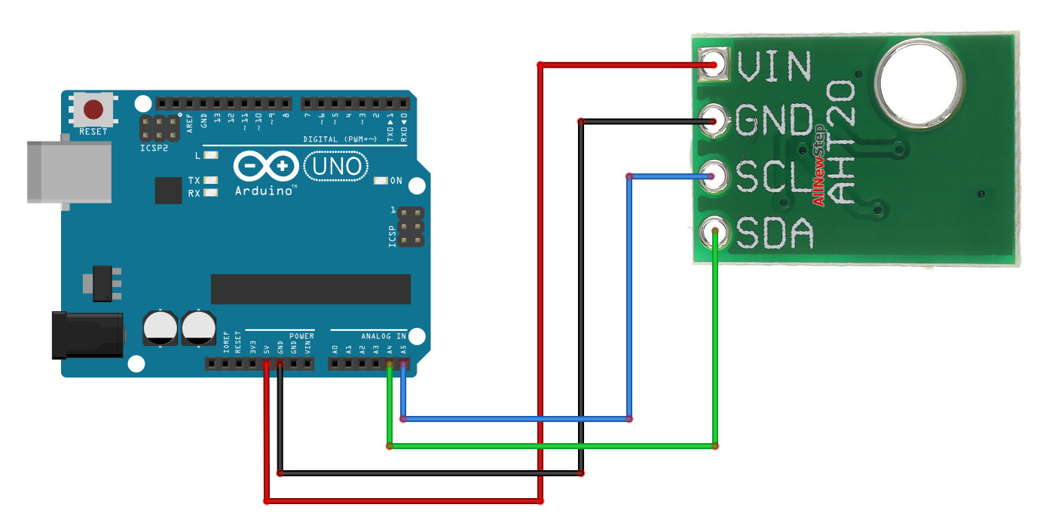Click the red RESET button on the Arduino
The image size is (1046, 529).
tap(93, 110)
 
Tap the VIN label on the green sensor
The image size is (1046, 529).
tap(775, 66)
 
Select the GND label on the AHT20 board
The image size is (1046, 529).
tap(775, 121)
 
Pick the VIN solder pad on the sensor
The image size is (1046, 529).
tap(713, 63)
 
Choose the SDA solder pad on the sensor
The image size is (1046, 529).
tap(713, 231)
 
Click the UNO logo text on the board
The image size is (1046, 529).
tap(336, 166)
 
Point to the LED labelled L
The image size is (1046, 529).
tap(211, 156)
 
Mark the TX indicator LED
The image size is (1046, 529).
tap(211, 181)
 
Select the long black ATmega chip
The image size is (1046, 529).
tap(310, 289)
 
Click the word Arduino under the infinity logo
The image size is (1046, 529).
tap(265, 191)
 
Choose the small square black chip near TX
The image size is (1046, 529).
tap(168, 190)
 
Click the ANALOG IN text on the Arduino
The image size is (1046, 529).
tap(383, 335)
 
